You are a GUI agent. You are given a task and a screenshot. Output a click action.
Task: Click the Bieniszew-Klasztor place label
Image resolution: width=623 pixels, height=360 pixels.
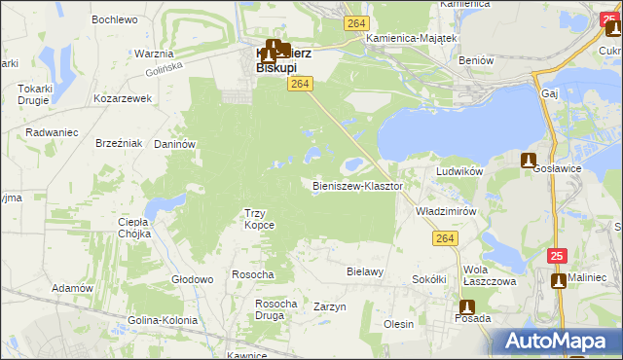[357, 185]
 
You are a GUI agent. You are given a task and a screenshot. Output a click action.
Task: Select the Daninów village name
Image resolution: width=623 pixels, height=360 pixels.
[176, 144]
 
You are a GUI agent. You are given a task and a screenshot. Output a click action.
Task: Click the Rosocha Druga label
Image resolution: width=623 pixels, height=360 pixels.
[275, 309]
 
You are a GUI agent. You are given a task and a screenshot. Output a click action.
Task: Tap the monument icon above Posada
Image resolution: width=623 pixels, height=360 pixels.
[467, 306]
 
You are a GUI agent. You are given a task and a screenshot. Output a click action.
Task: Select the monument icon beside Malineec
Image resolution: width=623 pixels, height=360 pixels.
[559, 281]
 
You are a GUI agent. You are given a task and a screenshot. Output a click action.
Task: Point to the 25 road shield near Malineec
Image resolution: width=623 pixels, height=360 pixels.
[556, 256]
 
